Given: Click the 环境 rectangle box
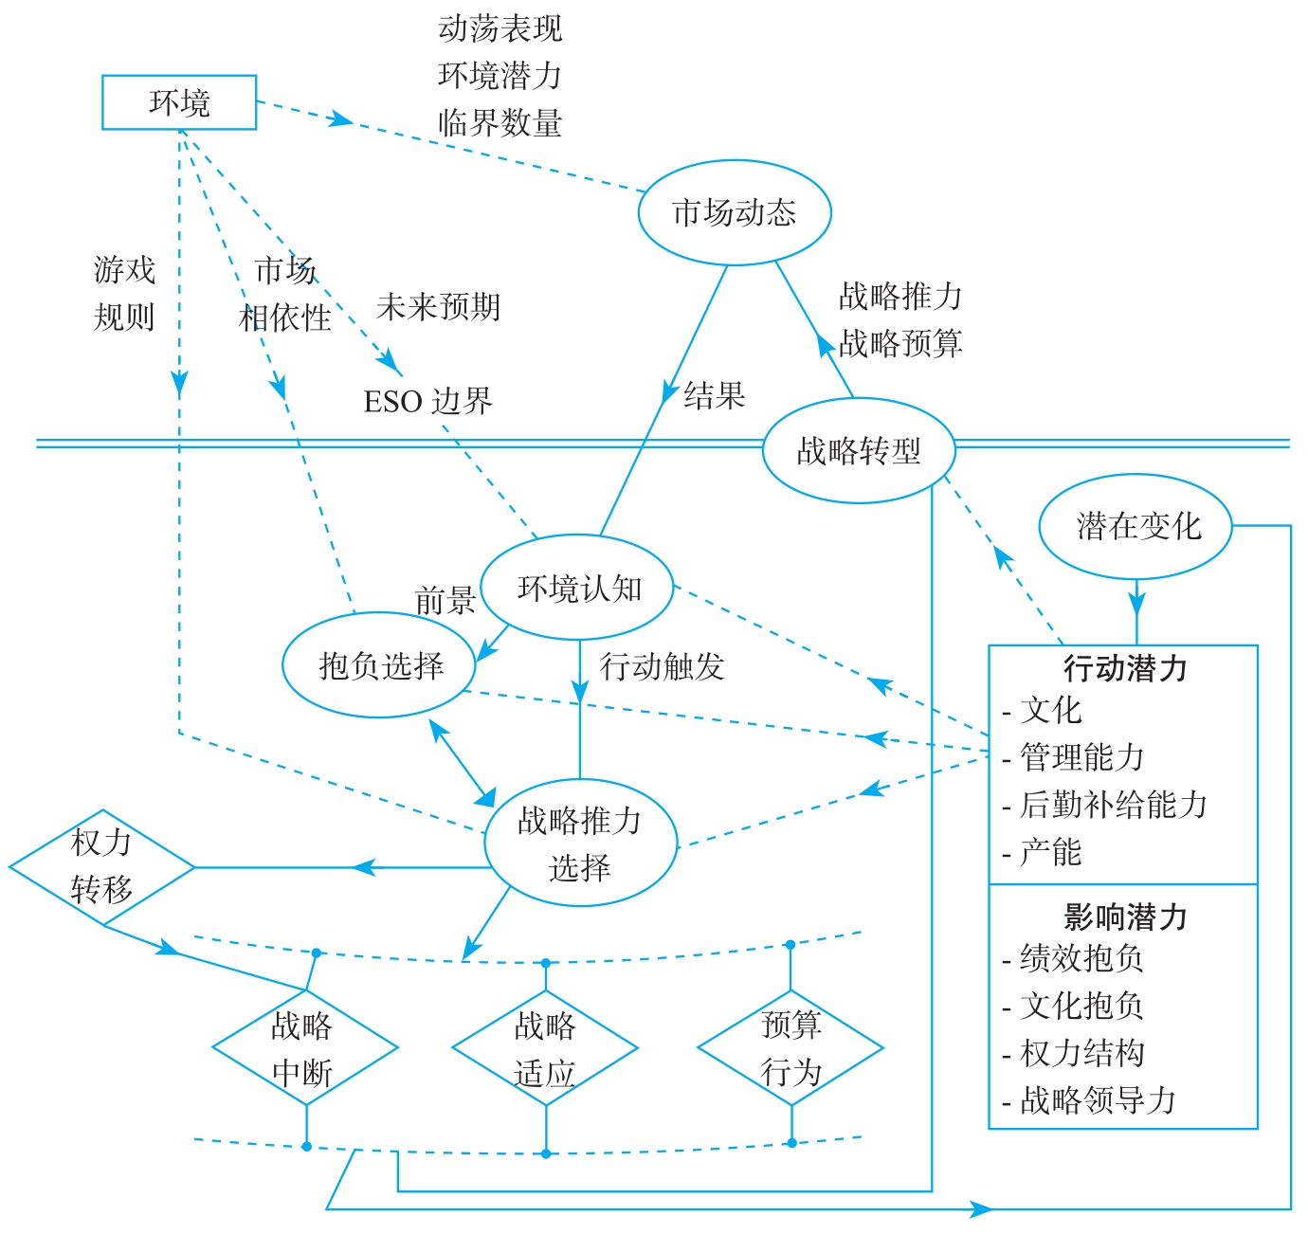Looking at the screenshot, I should click(x=179, y=102).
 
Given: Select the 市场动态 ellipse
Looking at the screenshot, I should click(x=735, y=212).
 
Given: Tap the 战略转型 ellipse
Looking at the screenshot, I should click(x=859, y=451).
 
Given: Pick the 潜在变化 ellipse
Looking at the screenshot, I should click(x=1135, y=527).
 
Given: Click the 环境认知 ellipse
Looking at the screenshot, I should click(x=578, y=589).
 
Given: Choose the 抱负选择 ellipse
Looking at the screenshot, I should click(x=379, y=665).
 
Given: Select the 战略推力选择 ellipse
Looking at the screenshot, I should click(x=580, y=843).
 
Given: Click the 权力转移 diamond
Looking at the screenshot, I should click(x=101, y=866).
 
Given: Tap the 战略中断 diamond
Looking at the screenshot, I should click(x=304, y=1048).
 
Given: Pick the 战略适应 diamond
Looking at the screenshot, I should click(x=545, y=1048).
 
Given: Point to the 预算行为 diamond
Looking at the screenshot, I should click(x=790, y=1047).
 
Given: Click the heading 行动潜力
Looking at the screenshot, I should click(x=1125, y=668).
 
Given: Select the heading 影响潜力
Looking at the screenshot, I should click(x=1125, y=916).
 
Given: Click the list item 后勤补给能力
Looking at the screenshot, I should click(x=1114, y=805).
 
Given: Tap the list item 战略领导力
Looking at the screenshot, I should click(x=1098, y=1100).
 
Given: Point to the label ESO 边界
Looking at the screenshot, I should click(x=428, y=402).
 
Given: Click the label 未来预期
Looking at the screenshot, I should click(x=438, y=307).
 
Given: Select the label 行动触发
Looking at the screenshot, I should click(x=662, y=667).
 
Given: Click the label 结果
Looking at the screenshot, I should click(x=715, y=395).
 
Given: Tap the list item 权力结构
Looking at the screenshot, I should click(x=1082, y=1053).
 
